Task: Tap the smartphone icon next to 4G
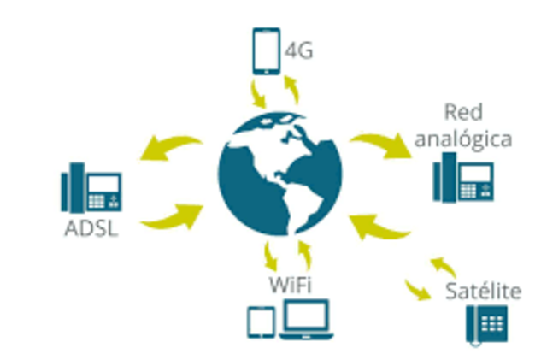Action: (265, 51)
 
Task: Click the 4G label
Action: (297, 51)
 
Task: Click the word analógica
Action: (464, 139)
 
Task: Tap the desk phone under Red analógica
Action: (464, 179)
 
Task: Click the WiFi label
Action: (287, 283)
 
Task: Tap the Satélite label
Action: (483, 291)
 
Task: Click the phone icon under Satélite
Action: (485, 325)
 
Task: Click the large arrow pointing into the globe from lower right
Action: (380, 227)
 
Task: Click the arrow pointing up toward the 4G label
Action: (292, 88)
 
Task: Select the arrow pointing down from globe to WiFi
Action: (270, 254)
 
